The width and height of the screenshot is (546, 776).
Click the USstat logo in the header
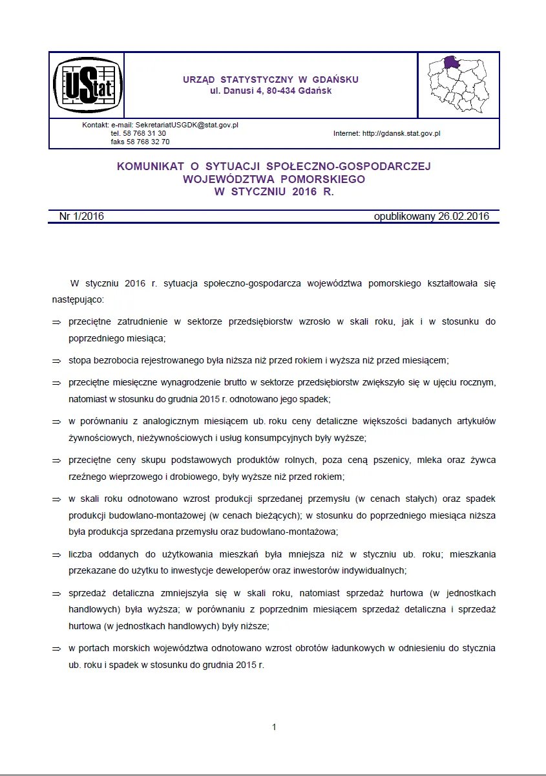(86, 85)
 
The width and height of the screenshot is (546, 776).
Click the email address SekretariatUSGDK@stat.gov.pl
(187, 125)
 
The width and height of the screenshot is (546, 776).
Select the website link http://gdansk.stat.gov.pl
(401, 133)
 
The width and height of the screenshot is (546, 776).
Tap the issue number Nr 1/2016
(81, 217)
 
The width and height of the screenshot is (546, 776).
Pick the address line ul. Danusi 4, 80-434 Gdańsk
(271, 91)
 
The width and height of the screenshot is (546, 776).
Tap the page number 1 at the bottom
(274, 727)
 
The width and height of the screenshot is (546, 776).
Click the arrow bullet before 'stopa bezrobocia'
(56, 361)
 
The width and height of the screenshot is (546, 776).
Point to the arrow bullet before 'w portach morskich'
(56, 649)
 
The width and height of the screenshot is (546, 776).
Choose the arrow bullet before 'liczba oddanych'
(56, 555)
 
